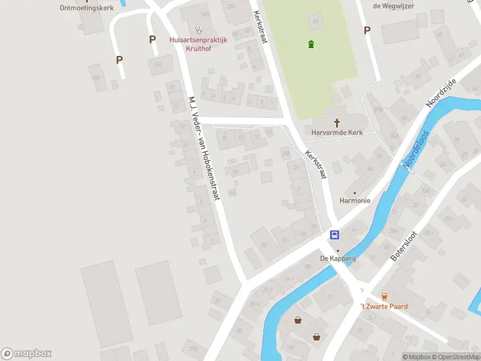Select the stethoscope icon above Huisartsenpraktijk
pos(199,29)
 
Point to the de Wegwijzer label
pos(393,6)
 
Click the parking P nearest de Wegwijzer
pos(366,30)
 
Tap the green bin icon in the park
pos(311,44)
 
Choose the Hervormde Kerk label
pos(337,132)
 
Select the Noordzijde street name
pos(441,93)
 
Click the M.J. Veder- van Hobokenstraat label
pos(204,148)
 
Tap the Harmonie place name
pos(354,200)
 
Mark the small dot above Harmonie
pos(354,192)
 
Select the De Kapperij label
pos(338,259)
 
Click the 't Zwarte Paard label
pos(384,306)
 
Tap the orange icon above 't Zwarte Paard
pos(384,296)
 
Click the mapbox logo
pos(26,354)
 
